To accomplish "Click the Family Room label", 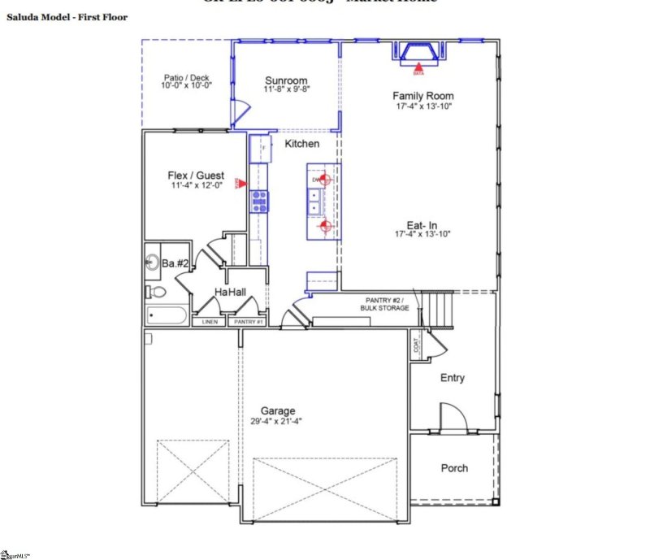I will tap(422, 96).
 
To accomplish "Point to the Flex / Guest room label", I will tap(196, 175).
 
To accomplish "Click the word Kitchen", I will tap(301, 144).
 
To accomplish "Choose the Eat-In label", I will tap(422, 225).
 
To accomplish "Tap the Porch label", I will tap(454, 468).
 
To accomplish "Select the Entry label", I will tap(453, 378).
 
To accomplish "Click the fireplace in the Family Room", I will tap(419, 52).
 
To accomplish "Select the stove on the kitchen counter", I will tap(258, 201).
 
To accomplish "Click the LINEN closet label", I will tap(209, 323).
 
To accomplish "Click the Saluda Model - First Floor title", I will tap(67, 17).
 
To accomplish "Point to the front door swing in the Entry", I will tap(453, 416).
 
